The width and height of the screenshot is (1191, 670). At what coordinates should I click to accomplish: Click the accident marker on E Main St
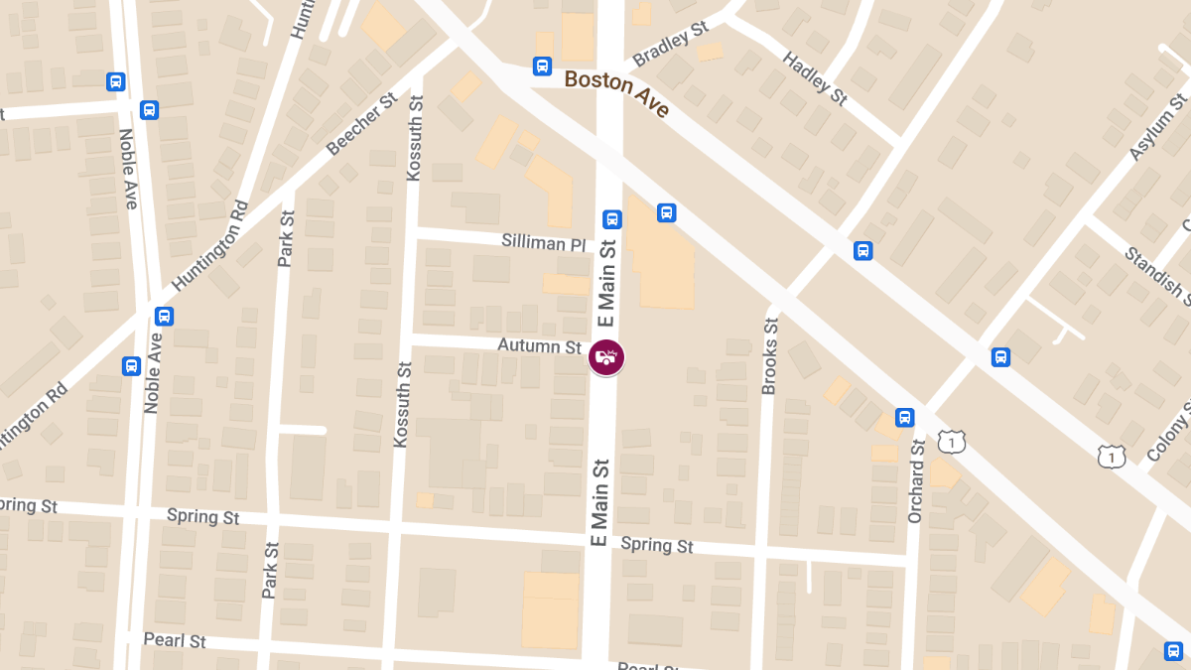pos(606,357)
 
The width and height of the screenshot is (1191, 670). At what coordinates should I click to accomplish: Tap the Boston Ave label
pos(617,94)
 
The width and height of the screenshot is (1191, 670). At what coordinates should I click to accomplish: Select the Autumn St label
pos(539,346)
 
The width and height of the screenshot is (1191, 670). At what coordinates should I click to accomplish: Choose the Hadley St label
pos(815,76)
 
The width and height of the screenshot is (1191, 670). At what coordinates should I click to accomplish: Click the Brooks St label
pos(769,356)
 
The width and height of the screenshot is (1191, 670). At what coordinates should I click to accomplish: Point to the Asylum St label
pos(1158,127)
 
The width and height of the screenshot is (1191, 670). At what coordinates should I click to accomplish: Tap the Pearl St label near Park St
pos(175,640)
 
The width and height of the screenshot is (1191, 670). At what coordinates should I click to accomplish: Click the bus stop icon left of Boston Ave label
pos(542,67)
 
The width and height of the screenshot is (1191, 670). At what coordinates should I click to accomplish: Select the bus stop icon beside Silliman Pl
pos(612,219)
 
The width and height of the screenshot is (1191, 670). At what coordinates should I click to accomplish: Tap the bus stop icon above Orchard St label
pos(904,417)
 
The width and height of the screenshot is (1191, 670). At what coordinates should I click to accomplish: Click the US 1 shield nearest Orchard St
pos(951,441)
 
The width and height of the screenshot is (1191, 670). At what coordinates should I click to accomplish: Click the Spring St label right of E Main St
pos(657,545)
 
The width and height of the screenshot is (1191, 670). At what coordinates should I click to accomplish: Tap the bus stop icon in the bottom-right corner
pos(1173,651)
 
